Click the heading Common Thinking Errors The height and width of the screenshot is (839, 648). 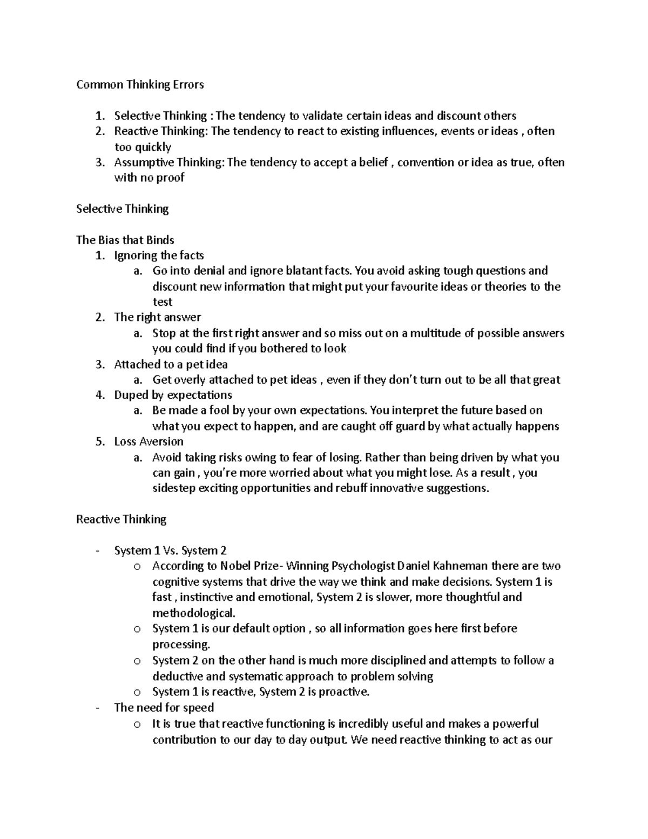click(x=140, y=84)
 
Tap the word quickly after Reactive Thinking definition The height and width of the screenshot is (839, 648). click(x=151, y=147)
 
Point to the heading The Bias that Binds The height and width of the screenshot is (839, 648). click(x=125, y=239)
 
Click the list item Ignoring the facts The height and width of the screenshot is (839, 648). click(x=159, y=255)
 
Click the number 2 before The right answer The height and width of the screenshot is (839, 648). click(x=99, y=317)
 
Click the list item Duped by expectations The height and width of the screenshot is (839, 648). click(x=173, y=395)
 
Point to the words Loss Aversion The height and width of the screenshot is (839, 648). click(x=148, y=441)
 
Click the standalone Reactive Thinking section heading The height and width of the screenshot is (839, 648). click(x=121, y=519)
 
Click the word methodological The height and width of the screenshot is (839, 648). click(x=193, y=613)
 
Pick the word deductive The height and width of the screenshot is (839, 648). click(x=177, y=676)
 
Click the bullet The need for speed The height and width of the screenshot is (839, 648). click(x=164, y=708)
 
